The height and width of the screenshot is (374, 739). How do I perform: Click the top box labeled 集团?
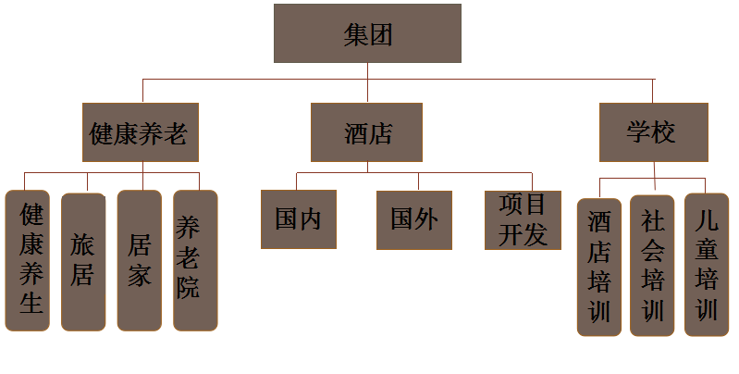click(x=367, y=33)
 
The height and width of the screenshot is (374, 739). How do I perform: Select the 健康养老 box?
click(x=142, y=133)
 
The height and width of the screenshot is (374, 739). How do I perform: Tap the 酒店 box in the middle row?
click(x=366, y=133)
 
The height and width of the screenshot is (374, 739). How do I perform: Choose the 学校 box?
click(x=653, y=132)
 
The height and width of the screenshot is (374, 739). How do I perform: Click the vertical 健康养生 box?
click(x=31, y=260)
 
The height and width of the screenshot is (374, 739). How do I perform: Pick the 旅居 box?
click(x=83, y=260)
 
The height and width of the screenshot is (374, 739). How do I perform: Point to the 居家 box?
click(x=140, y=260)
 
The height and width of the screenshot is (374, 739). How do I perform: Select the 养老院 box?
click(x=195, y=260)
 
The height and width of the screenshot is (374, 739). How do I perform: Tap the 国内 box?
click(x=298, y=219)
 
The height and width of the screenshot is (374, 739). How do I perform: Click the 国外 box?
click(x=413, y=219)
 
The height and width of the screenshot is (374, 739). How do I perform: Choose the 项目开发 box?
click(x=523, y=219)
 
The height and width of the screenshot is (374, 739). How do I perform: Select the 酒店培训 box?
click(x=599, y=267)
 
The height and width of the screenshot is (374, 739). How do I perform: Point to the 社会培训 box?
click(x=652, y=265)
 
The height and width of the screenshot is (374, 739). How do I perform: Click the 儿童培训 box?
click(x=708, y=265)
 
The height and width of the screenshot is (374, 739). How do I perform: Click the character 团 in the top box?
click(x=381, y=35)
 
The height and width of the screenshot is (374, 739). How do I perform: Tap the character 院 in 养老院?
click(x=188, y=287)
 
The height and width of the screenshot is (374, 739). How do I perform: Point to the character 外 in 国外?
click(x=426, y=219)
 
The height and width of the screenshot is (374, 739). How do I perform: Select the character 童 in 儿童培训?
click(x=708, y=250)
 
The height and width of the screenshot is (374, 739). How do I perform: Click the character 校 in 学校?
click(x=664, y=132)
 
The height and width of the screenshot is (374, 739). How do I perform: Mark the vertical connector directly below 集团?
click(x=367, y=81)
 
